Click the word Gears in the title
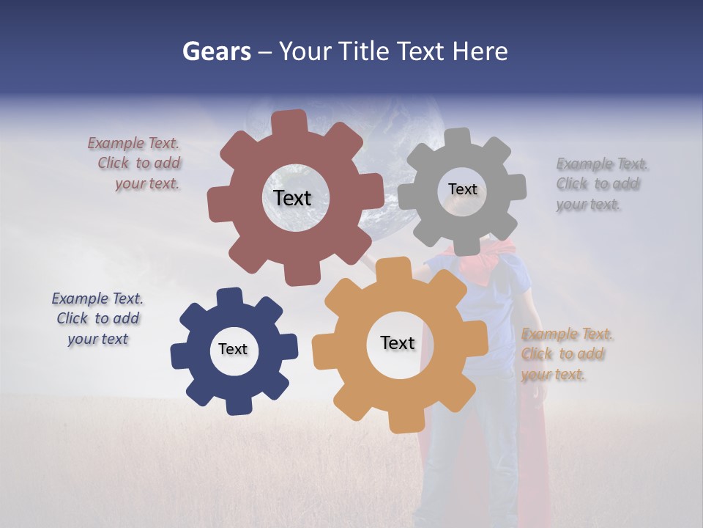point(217,52)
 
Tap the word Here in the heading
point(480,52)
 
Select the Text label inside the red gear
point(292,198)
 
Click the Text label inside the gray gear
point(462,189)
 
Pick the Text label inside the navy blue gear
point(233,350)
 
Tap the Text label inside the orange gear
point(398,343)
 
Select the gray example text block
point(600,184)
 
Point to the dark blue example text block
point(97,319)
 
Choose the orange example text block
point(566,354)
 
